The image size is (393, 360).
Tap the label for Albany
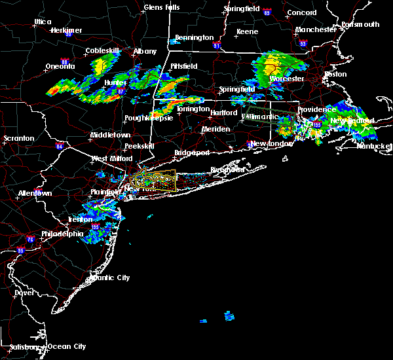pos(145,51)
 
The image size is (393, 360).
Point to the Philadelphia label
pos(62,234)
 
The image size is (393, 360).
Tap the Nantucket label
pos(375,146)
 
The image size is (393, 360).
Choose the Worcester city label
pos(287,79)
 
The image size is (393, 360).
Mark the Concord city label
pos(302,12)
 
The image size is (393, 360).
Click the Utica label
pos(43,22)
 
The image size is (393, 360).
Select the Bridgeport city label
pos(192,153)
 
